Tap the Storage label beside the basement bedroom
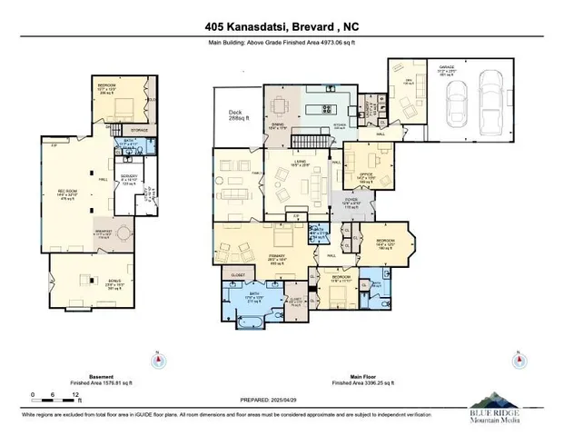pos(139,130)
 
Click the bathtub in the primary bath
pos(248,321)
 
